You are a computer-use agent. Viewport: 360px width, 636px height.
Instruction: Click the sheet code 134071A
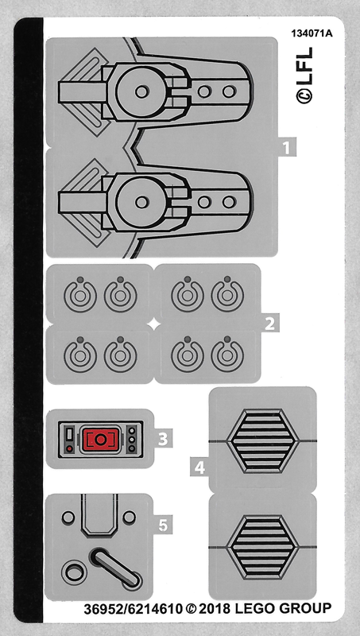[312, 33]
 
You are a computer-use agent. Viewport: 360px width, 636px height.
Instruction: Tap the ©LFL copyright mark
[304, 76]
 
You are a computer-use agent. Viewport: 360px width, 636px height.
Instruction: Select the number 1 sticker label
[287, 147]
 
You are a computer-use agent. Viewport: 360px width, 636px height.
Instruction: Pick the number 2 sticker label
[269, 324]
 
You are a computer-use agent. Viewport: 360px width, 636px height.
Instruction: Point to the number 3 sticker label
[163, 439]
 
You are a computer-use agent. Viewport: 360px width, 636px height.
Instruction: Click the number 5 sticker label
[163, 525]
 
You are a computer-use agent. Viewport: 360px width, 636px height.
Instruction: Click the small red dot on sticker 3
[69, 448]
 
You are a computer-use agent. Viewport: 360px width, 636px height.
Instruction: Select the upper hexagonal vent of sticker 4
[263, 440]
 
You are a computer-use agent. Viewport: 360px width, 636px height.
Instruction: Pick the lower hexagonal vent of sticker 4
[263, 547]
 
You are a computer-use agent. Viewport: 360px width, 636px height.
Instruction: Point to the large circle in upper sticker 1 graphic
[141, 91]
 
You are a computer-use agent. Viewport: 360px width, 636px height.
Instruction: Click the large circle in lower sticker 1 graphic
[141, 202]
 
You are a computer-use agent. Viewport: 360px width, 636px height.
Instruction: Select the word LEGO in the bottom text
[254, 608]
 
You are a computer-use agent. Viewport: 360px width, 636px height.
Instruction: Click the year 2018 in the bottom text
[215, 608]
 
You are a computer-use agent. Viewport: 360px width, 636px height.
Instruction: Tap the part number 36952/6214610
[134, 609]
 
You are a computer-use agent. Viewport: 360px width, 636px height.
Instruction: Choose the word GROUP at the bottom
[304, 608]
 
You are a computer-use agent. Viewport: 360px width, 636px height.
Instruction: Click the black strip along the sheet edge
[29, 320]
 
